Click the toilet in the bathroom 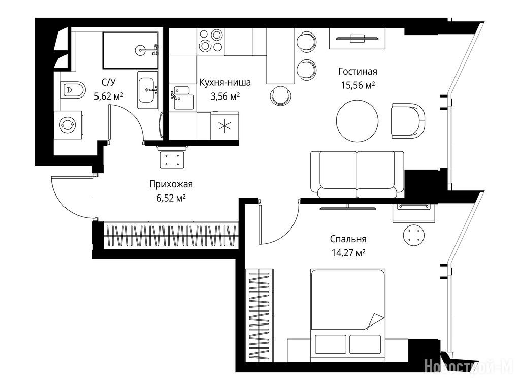pyautogui.click(x=73, y=90)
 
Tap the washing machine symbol pyautogui.click(x=68, y=125)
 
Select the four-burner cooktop pyautogui.click(x=210, y=41)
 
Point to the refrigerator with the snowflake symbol pyautogui.click(x=224, y=126)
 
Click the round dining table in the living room pyautogui.click(x=357, y=121)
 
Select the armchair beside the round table pyautogui.click(x=408, y=121)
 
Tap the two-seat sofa pyautogui.click(x=357, y=175)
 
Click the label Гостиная pyautogui.click(x=357, y=71)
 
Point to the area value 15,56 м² pyautogui.click(x=358, y=85)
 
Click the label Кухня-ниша pyautogui.click(x=225, y=82)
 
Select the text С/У pyautogui.click(x=109, y=82)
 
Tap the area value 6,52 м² pyautogui.click(x=171, y=199)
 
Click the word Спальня pyautogui.click(x=348, y=239)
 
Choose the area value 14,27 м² pyautogui.click(x=348, y=253)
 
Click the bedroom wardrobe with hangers pyautogui.click(x=259, y=315)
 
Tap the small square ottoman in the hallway pyautogui.click(x=172, y=160)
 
